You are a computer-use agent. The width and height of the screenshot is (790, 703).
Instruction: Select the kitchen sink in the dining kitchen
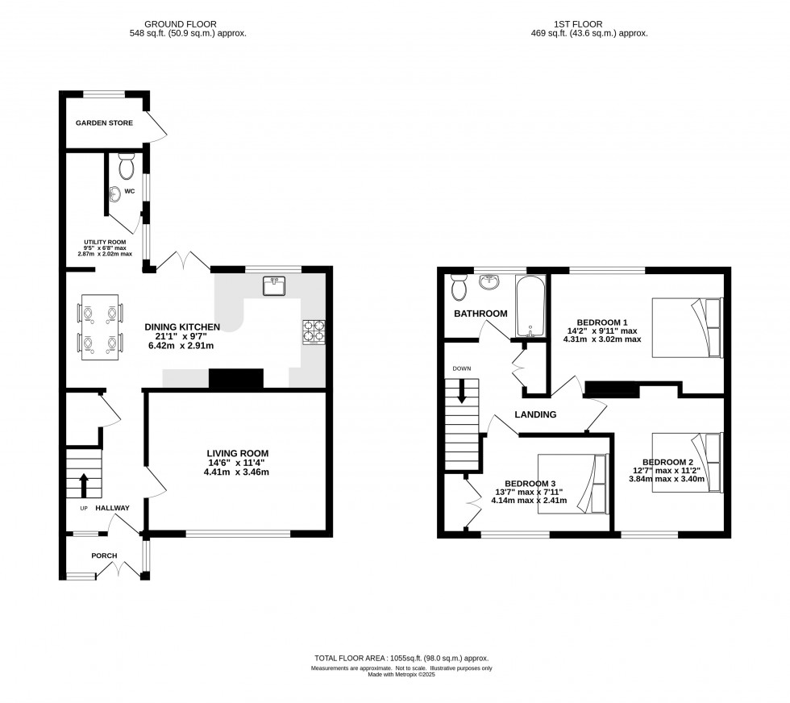tap(274, 285)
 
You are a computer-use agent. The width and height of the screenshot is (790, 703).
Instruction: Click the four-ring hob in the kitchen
tap(313, 331)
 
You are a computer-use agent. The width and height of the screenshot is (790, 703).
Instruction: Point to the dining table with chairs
tap(101, 327)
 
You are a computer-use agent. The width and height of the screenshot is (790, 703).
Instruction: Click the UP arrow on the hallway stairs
tap(83, 485)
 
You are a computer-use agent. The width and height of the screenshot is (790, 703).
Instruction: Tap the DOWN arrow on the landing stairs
tap(462, 393)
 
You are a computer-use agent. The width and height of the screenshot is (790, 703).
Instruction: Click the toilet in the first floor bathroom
tap(459, 285)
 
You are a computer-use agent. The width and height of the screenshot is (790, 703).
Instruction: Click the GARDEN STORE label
tap(104, 123)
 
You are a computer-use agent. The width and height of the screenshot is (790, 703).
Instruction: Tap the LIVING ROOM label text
tap(237, 453)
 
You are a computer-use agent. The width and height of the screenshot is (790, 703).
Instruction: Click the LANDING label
tap(536, 414)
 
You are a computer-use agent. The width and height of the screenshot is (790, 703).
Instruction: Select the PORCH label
tap(104, 555)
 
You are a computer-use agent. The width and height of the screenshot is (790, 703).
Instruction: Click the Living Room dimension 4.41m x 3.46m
tap(237, 472)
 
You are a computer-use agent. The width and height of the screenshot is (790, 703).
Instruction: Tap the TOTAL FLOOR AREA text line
tap(401, 659)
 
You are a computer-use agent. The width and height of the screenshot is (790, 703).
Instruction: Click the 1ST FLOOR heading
tap(591, 24)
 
